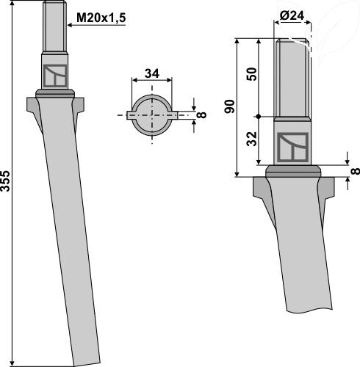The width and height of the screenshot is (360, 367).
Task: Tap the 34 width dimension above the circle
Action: click(152, 73)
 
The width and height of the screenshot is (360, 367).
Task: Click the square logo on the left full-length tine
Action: click(54, 75)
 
